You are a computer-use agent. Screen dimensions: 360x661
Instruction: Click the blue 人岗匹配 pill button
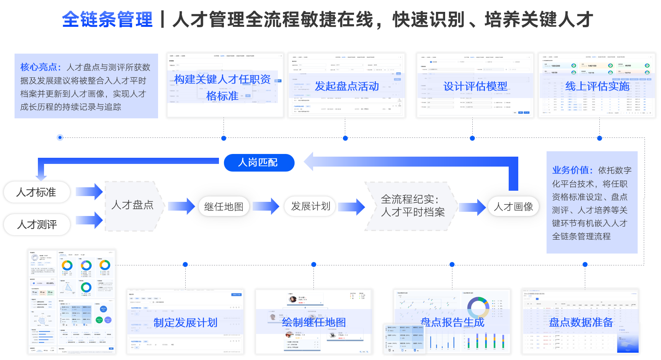pos(259,163)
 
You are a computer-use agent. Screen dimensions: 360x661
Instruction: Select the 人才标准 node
pos(37,192)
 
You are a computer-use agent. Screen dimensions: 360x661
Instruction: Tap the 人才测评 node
pos(37,224)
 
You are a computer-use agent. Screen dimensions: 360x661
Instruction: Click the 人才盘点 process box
pos(132,206)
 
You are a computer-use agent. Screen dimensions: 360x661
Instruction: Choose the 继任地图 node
pos(224,207)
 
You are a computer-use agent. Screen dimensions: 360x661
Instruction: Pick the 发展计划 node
pos(310,206)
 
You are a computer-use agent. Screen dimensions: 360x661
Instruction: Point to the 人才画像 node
pos(513,207)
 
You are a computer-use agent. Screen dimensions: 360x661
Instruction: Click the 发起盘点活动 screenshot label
pos(347,86)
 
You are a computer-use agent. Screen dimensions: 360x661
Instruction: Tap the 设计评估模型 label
pos(475,86)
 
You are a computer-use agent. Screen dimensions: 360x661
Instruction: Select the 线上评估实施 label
pos(597,86)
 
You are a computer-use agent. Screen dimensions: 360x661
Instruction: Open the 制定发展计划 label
pos(186,322)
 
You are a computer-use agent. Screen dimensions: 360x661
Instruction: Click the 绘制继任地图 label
pos(314,322)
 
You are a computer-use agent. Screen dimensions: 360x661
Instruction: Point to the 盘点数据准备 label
pos(581,322)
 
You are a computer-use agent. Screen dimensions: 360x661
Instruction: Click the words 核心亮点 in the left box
pos(40,67)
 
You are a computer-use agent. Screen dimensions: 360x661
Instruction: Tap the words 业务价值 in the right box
pos(572,170)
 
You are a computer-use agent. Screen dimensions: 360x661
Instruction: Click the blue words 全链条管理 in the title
pos(107,20)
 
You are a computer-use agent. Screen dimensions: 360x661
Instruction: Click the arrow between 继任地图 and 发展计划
pos(266,206)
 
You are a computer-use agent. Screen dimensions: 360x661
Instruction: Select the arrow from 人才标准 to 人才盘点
pos(89,191)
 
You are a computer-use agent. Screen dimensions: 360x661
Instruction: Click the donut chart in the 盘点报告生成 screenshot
pos(478,308)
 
